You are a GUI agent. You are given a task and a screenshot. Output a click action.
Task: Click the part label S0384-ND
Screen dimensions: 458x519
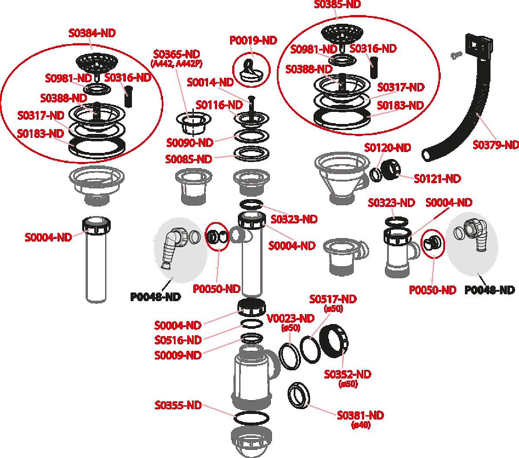coord(92,33)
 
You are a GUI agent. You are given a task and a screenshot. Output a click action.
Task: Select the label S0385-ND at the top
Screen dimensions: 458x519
coord(337,4)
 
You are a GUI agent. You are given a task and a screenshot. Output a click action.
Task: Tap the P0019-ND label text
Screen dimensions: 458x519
coord(253,41)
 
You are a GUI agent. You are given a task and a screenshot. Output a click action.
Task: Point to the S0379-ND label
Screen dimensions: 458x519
coord(495,145)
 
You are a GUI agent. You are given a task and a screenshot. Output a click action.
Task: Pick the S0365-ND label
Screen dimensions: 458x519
coord(176,54)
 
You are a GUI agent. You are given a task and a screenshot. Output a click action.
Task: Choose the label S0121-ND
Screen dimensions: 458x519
coord(437,178)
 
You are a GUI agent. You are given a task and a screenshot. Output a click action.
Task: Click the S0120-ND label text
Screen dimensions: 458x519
coord(387,148)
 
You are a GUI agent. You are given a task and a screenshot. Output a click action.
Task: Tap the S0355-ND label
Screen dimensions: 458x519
coord(178,405)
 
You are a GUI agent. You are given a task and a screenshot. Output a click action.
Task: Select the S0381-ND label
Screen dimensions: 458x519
coord(360,415)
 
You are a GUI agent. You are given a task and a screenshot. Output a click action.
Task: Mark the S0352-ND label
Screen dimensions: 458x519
coord(348,374)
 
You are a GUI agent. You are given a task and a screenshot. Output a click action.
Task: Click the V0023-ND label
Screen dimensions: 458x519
coord(291,319)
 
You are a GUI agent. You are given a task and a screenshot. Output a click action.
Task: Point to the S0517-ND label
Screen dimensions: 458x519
coord(333,299)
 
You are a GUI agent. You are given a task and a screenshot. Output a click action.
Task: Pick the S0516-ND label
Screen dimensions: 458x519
coord(178,340)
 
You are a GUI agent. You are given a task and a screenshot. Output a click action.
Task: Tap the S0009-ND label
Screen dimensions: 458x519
coord(178,355)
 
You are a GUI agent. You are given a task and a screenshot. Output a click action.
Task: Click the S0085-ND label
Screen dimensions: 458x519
coord(189,159)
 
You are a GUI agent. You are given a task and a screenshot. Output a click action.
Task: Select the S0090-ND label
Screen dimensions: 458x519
coord(190,143)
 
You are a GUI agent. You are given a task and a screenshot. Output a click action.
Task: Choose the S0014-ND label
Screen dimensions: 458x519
coord(210,82)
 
